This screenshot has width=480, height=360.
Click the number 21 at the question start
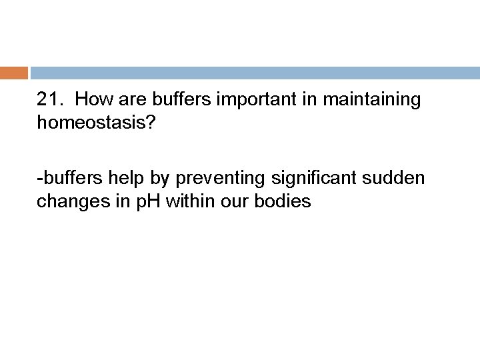(49, 101)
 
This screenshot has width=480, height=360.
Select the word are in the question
(128, 101)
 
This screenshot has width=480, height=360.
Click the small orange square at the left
(13, 72)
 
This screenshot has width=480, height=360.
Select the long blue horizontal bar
(254, 72)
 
